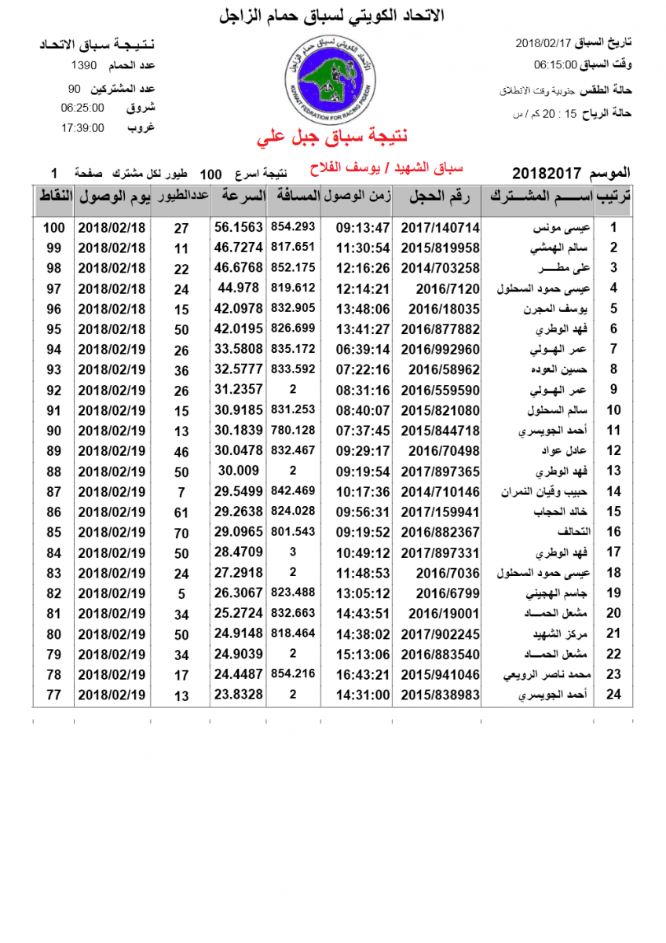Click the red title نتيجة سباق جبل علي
click(333, 138)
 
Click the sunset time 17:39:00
click(82, 128)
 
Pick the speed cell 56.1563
click(238, 227)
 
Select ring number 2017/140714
click(440, 227)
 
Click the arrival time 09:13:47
click(363, 227)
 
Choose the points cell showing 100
click(53, 227)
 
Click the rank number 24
click(614, 695)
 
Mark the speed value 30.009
click(238, 471)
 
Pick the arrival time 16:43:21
click(363, 674)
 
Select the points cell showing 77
click(53, 695)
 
